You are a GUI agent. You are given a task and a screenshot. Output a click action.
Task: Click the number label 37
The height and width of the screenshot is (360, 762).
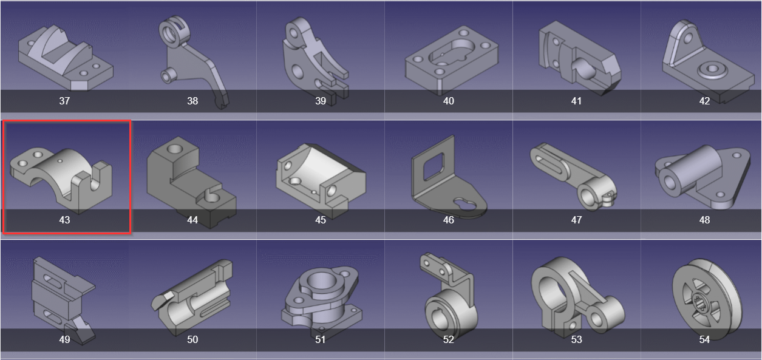(64, 101)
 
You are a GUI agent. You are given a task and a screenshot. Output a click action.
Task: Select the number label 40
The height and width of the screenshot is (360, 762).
(448, 101)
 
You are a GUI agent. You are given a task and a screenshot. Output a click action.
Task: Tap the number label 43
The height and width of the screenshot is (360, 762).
(64, 220)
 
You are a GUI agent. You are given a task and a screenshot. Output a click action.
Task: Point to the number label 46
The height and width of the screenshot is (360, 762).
(448, 220)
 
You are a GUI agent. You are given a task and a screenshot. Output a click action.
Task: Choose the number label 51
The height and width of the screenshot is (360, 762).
(321, 339)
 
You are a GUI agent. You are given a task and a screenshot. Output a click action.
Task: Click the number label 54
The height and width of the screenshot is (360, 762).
(704, 339)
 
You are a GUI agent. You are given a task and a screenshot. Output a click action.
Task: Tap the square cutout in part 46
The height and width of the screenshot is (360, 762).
(434, 166)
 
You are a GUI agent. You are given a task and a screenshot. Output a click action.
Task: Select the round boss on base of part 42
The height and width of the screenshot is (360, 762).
(707, 69)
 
